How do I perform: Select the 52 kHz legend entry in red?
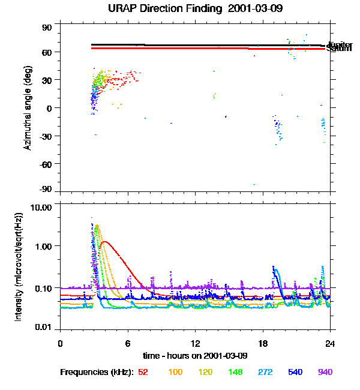tap(143, 372)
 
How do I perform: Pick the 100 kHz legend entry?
tap(175, 372)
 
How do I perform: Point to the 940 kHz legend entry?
tap(325, 372)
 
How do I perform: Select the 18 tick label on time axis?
tap(262, 343)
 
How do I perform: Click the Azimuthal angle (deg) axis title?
tap(28, 109)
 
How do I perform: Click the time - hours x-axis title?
tap(195, 355)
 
